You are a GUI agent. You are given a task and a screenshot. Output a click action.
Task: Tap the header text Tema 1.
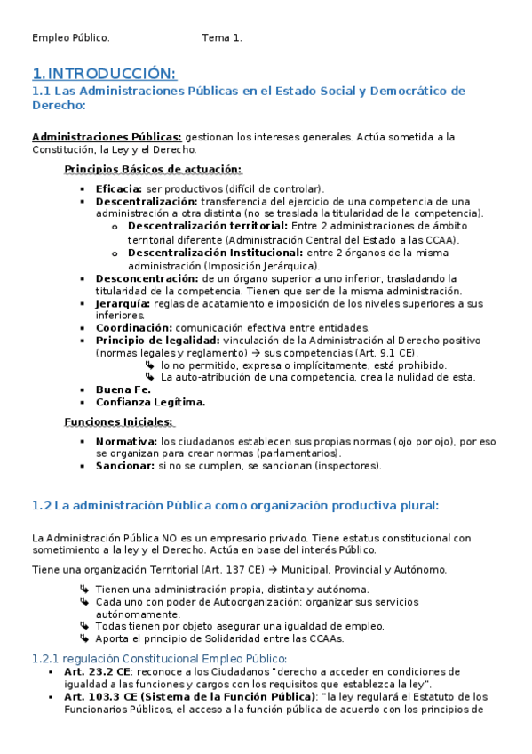(x=222, y=38)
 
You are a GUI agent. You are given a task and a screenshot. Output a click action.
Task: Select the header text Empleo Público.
(x=71, y=38)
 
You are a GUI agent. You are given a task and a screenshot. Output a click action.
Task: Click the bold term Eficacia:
(x=118, y=188)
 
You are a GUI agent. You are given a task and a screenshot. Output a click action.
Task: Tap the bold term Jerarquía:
(x=123, y=303)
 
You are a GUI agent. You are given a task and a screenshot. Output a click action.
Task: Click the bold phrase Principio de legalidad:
(x=157, y=341)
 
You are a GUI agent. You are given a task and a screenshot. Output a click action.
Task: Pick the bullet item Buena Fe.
(x=123, y=389)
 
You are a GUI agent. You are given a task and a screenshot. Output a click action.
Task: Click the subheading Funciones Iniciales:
(x=118, y=421)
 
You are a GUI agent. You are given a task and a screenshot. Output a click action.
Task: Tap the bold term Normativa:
(x=126, y=441)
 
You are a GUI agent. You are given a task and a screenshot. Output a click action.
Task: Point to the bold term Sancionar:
(x=124, y=465)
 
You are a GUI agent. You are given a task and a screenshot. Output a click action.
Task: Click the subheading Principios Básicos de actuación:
(x=153, y=169)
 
